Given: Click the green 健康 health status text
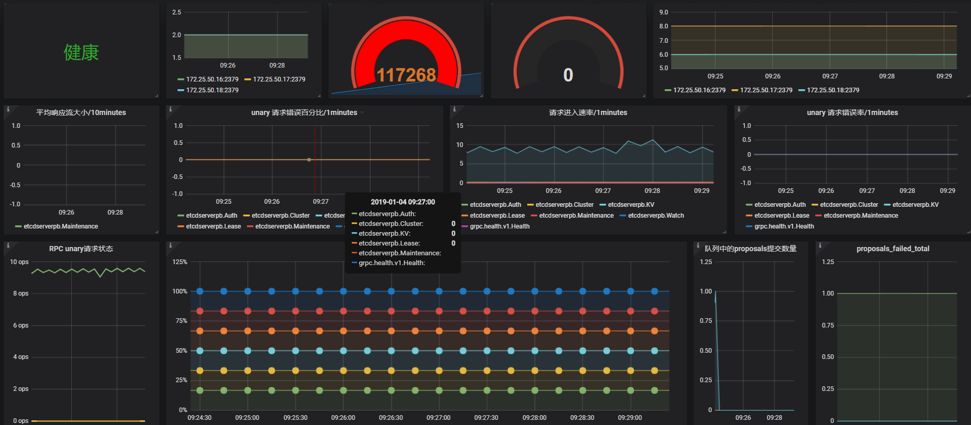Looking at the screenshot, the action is tap(81, 53).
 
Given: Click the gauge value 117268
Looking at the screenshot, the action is tap(406, 75).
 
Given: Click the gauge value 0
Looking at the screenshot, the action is tap(568, 75).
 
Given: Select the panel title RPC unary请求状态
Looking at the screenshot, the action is tap(81, 249).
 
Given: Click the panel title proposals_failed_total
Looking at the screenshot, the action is tap(893, 249).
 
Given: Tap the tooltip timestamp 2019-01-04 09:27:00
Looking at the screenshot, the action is tap(403, 202).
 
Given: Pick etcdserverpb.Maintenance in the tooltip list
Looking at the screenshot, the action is tap(400, 253).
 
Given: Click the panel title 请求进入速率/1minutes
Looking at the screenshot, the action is tap(588, 112).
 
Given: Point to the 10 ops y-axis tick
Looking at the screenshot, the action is tap(20, 262).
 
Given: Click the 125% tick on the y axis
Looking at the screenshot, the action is tap(180, 262).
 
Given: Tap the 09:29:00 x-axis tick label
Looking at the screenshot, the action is tap(630, 418).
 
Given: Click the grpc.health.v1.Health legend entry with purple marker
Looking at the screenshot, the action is tap(500, 226).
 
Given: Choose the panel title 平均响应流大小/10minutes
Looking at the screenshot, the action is tap(81, 112).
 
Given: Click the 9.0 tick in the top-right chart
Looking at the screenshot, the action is tap(664, 12).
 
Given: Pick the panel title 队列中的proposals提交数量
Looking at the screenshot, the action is tap(751, 249).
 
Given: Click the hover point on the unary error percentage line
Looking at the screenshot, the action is tap(309, 160).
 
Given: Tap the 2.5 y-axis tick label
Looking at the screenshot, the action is tap(177, 12).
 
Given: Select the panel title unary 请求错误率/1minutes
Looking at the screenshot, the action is tap(852, 112).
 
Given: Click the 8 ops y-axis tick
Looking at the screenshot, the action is tap(21, 293).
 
